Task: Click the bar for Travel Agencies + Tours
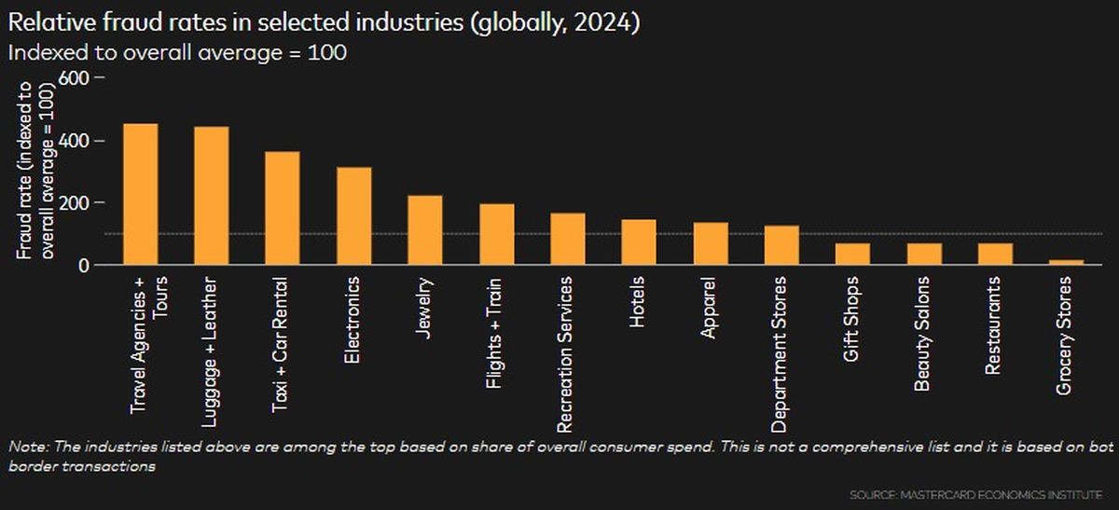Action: coord(141,195)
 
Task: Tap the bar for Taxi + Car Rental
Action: coord(283,209)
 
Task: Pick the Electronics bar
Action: coord(354,216)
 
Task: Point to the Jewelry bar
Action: coord(425,230)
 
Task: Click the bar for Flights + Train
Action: coord(497,235)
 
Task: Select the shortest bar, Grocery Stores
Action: coord(1067,263)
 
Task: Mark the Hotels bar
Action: coord(640,242)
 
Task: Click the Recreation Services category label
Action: coord(564,354)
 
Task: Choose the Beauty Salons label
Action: coord(921,334)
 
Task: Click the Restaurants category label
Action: coord(993,325)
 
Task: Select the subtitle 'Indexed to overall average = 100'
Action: coord(177,53)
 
